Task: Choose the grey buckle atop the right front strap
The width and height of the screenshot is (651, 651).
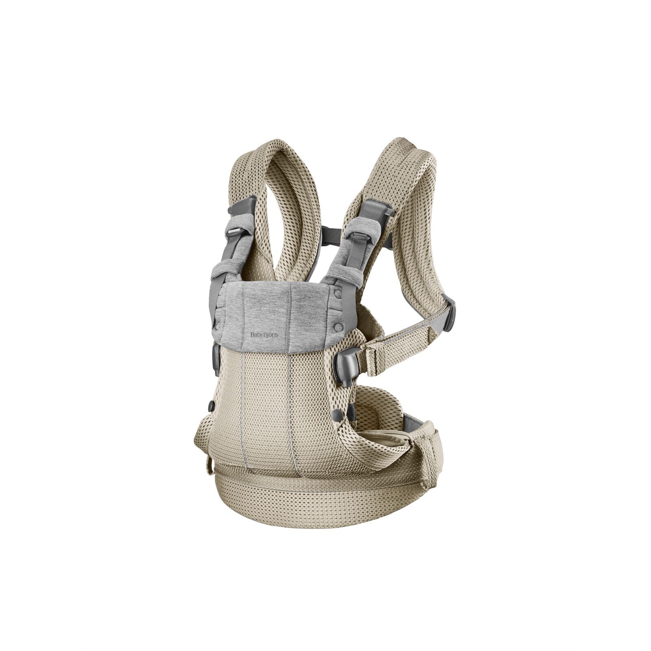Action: point(378,210)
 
